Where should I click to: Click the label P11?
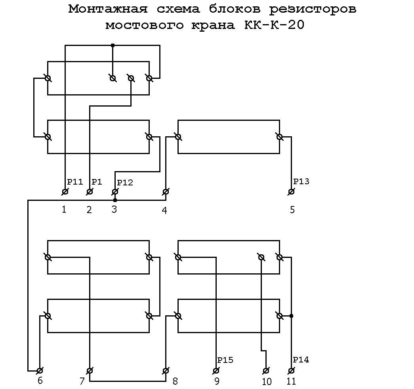(75, 182)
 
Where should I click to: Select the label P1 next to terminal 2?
(97, 182)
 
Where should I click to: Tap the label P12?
(125, 183)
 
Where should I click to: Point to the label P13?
(301, 181)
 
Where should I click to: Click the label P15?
(225, 360)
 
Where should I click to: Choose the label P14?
(301, 360)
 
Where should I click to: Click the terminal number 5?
(292, 210)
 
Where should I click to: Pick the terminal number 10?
(267, 381)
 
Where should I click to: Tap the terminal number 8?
(175, 381)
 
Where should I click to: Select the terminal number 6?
(40, 381)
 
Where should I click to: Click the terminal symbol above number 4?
(166, 191)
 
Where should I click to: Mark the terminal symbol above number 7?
(90, 371)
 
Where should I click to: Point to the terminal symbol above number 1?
(65, 191)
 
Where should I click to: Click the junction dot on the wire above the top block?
(113, 46)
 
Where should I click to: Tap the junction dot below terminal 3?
(115, 200)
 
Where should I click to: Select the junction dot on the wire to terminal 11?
(291, 316)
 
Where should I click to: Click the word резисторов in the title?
(313, 9)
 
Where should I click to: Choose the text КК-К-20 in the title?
(274, 25)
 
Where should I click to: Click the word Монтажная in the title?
(108, 9)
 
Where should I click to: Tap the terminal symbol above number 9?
(216, 371)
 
